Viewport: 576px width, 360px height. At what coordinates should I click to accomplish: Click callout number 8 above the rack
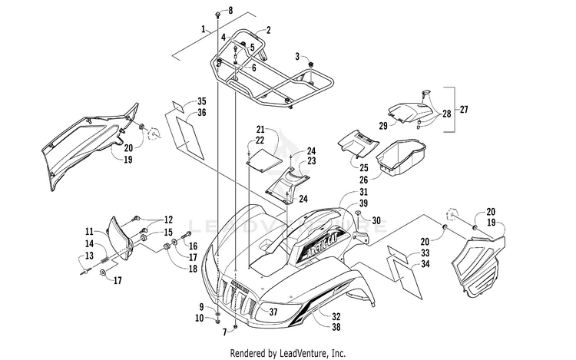(230, 10)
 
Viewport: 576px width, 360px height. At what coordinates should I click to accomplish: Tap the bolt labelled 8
(218, 15)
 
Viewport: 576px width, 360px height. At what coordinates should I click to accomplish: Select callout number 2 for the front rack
(269, 30)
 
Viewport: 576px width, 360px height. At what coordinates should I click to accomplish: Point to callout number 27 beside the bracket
(464, 109)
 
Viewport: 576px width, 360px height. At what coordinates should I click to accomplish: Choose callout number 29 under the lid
(383, 126)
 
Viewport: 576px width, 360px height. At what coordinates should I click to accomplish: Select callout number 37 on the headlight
(273, 312)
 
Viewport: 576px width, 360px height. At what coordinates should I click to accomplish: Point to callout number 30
(376, 220)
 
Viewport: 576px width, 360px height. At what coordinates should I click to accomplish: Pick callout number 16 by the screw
(194, 246)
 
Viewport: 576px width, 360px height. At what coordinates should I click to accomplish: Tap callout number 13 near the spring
(89, 256)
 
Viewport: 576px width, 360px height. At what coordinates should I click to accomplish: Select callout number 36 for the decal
(202, 113)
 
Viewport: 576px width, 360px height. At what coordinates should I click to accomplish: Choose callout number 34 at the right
(425, 264)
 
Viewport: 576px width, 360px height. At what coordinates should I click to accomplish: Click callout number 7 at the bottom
(224, 332)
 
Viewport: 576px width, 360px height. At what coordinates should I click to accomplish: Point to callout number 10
(199, 318)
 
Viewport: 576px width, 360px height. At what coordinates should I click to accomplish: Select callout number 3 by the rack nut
(297, 57)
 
